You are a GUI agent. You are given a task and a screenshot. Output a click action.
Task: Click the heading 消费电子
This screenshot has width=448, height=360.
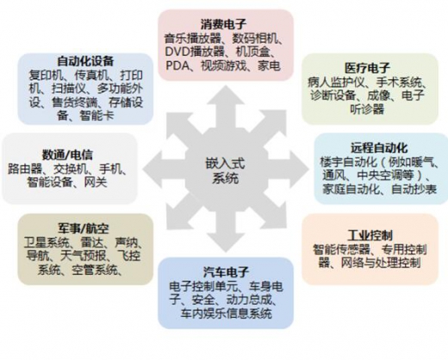click(x=223, y=24)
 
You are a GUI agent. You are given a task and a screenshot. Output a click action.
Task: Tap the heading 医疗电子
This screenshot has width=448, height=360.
click(x=367, y=68)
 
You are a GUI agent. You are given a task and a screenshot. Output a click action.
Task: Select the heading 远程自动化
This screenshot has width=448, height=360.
click(x=379, y=148)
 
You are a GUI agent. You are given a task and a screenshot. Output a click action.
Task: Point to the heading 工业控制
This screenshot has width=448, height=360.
click(x=370, y=235)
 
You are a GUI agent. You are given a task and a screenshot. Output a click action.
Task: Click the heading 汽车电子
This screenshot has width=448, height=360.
click(x=226, y=272)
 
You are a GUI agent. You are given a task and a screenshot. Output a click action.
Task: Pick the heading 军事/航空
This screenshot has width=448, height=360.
click(x=84, y=228)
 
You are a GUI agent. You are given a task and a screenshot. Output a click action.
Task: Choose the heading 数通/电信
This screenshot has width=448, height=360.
click(x=67, y=155)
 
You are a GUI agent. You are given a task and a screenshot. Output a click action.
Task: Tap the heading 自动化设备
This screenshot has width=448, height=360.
click(x=85, y=61)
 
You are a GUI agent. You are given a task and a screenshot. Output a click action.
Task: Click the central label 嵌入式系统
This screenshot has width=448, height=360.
click(x=226, y=171)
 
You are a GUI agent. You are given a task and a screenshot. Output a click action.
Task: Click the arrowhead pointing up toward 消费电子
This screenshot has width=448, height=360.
click(x=226, y=95)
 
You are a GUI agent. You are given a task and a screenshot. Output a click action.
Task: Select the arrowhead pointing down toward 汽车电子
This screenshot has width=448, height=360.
click(x=226, y=243)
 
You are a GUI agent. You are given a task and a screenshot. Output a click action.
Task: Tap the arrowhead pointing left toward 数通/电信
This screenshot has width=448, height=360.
click(x=152, y=170)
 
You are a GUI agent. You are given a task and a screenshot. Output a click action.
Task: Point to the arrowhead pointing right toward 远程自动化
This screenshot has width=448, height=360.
click(x=299, y=170)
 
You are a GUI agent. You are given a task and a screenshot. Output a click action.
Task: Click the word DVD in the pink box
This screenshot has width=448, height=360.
click(x=177, y=52)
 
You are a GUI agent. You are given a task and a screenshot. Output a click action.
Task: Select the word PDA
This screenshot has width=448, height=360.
click(x=177, y=65)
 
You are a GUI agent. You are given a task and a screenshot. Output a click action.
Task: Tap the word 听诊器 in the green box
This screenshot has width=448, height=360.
click(x=367, y=109)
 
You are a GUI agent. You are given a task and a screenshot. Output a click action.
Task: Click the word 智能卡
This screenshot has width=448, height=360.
click(x=96, y=115)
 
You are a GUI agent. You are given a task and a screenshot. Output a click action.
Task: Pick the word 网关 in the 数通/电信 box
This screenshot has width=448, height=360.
click(x=96, y=182)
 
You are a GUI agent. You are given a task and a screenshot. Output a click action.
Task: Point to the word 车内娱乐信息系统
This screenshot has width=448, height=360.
click(x=226, y=313)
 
